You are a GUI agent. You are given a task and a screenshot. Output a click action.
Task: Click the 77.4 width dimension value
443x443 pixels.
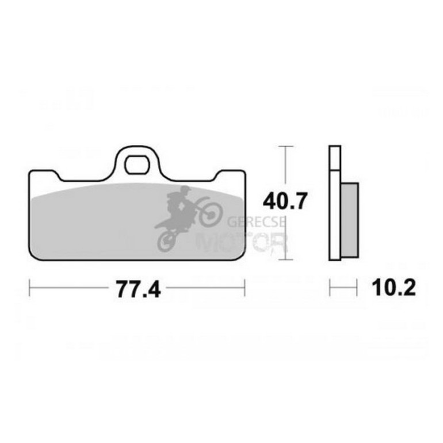(x=139, y=289)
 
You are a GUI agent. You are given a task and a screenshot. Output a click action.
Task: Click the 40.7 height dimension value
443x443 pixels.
(x=284, y=201)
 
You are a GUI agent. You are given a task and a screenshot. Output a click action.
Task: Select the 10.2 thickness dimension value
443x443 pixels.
(x=394, y=287)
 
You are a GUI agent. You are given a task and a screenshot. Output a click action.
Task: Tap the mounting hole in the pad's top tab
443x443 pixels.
(x=138, y=165)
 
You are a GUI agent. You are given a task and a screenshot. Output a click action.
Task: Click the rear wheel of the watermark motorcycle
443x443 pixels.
(x=167, y=242)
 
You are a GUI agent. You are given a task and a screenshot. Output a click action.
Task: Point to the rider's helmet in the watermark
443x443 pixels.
(x=185, y=190)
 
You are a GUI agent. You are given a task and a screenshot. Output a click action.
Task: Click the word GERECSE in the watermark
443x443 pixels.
(x=256, y=221)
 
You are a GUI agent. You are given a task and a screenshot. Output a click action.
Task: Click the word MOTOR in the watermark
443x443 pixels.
(x=242, y=242)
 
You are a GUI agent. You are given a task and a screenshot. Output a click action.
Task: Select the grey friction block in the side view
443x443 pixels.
(x=350, y=220)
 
